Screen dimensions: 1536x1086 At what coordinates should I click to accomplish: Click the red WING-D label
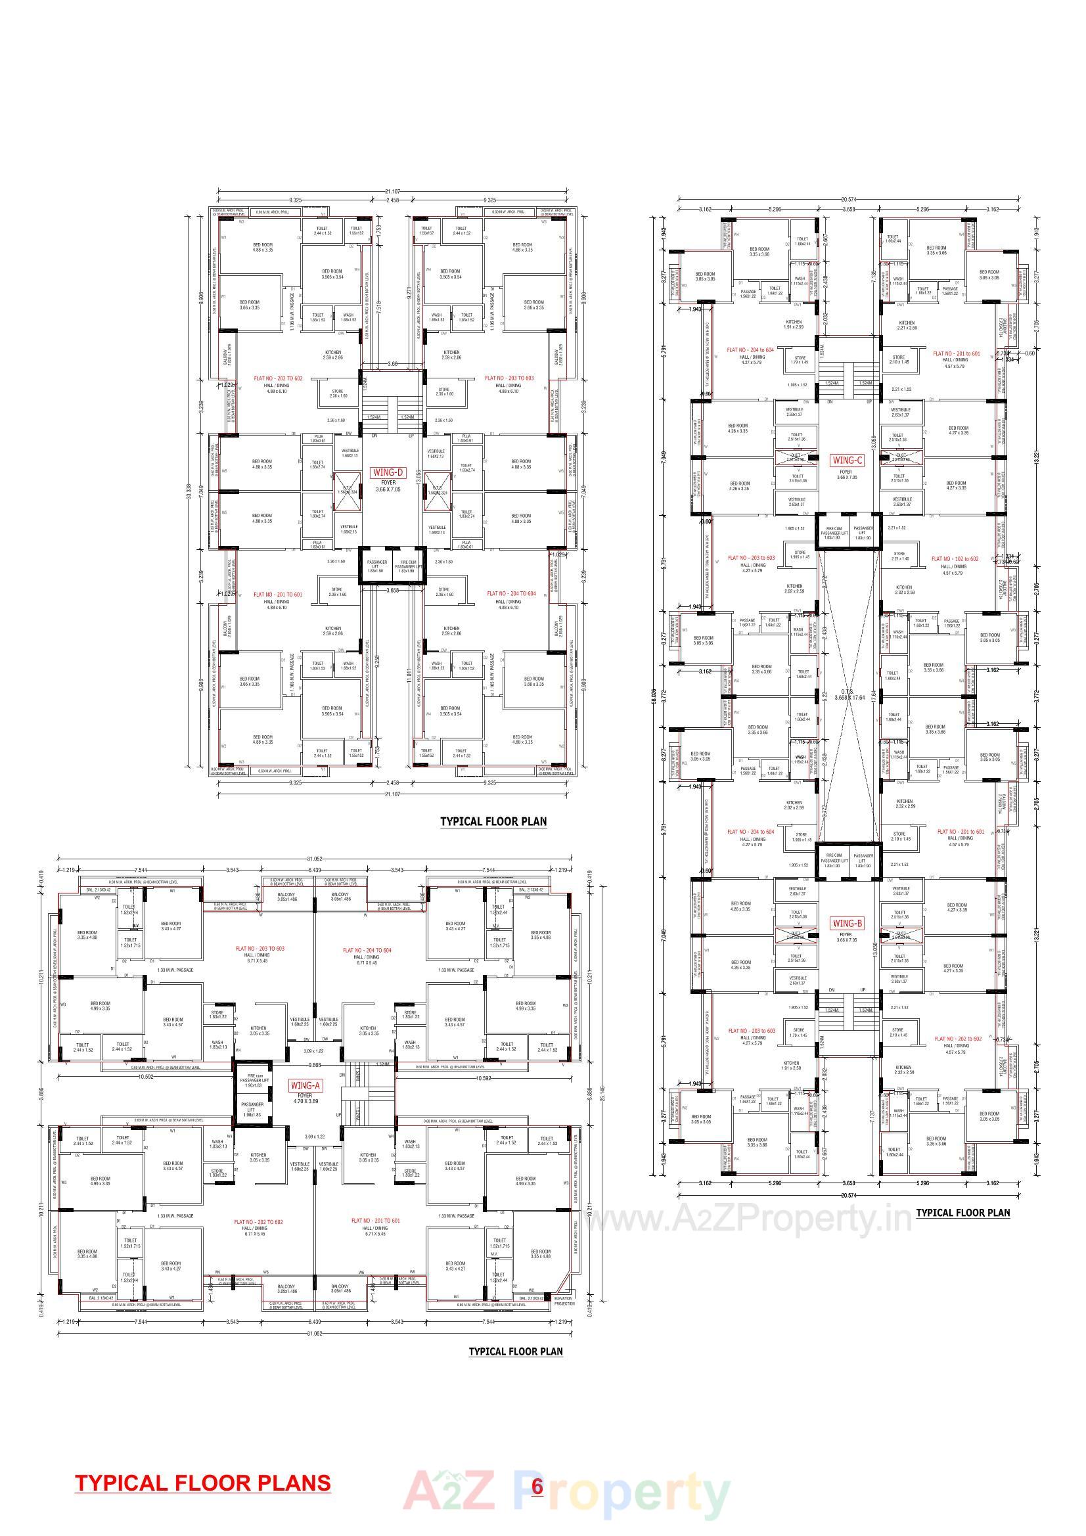pyautogui.click(x=388, y=473)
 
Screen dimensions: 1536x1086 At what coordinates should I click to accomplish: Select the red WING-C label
pyautogui.click(x=846, y=461)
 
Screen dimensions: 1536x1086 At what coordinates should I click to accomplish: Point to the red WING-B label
pyautogui.click(x=847, y=924)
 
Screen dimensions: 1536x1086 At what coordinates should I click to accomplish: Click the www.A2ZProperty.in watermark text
pyautogui.click(x=748, y=1218)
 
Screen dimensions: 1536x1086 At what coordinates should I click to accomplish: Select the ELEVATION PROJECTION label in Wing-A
pyautogui.click(x=564, y=1301)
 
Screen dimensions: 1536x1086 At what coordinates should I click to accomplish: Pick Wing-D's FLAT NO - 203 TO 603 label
pyautogui.click(x=509, y=378)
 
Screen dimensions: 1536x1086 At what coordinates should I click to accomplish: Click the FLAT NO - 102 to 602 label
pyautogui.click(x=955, y=558)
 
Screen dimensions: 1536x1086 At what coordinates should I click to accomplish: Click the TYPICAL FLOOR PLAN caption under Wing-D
pyautogui.click(x=493, y=821)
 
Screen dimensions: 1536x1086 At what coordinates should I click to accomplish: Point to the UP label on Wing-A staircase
pyautogui.click(x=339, y=1115)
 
